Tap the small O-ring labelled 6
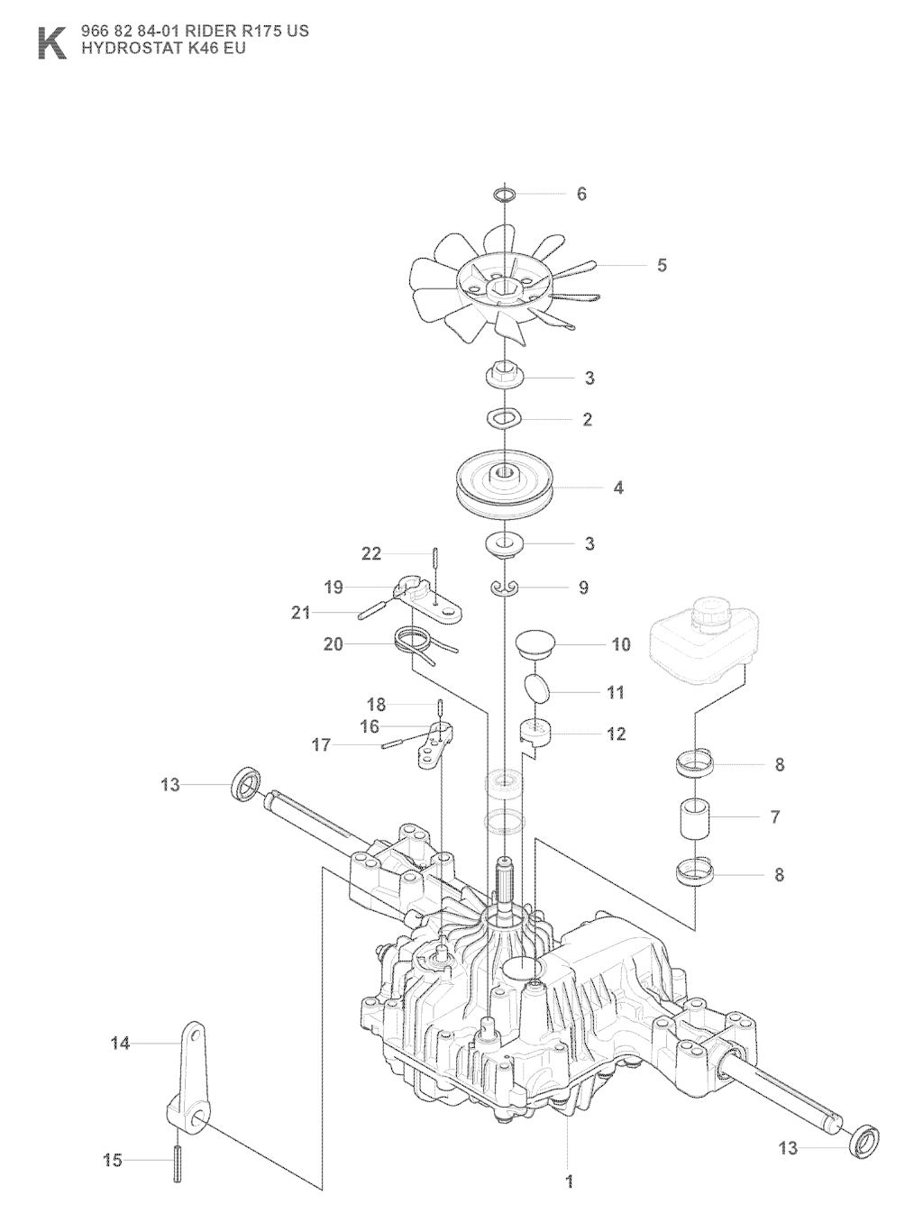pos(506,194)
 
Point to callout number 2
pos(587,420)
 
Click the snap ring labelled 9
pos(507,588)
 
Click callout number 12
pos(616,734)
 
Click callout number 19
pos(334,588)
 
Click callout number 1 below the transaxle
pos(569,1181)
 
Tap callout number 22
pos(371,553)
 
